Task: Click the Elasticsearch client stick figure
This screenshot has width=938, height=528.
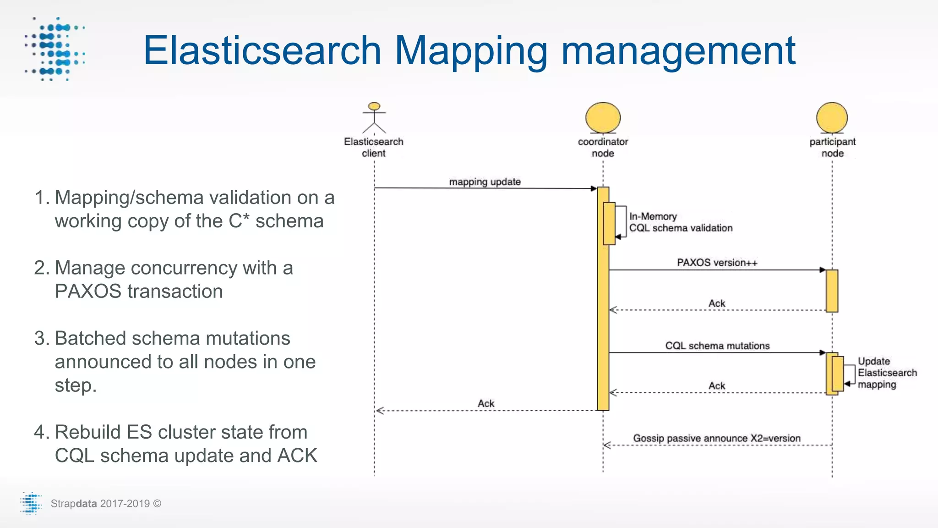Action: tap(374, 118)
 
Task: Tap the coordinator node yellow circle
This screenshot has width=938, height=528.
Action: tap(603, 118)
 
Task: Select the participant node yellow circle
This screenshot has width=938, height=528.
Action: tap(832, 118)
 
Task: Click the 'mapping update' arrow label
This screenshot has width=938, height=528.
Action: tap(485, 182)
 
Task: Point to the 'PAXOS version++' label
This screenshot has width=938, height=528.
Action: tap(717, 263)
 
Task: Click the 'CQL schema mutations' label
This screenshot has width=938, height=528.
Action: tap(717, 346)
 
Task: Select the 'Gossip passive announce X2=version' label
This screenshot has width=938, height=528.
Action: tap(717, 438)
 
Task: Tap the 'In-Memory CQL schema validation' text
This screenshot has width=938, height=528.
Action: tap(680, 222)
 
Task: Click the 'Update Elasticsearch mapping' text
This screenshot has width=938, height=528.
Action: tap(887, 373)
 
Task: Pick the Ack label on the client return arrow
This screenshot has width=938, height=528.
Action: tap(486, 403)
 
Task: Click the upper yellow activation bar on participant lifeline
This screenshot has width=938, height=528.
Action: tap(832, 291)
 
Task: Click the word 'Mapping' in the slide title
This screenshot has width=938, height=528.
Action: tap(471, 51)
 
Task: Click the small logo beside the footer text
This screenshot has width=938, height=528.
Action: tap(31, 503)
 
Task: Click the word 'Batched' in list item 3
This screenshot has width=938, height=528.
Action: tap(90, 338)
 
